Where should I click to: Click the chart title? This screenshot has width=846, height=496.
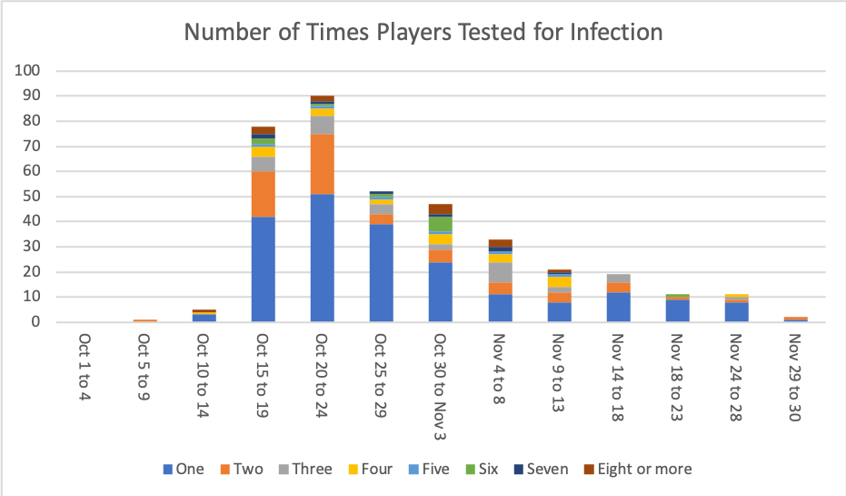(x=423, y=33)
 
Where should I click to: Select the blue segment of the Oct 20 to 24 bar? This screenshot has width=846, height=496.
(x=322, y=258)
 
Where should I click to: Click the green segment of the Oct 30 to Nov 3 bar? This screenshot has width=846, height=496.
(x=440, y=224)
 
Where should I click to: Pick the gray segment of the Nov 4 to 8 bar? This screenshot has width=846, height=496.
(x=499, y=272)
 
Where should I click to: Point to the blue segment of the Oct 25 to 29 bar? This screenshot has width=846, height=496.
(x=381, y=272)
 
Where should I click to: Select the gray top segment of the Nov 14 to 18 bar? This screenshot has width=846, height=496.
(x=617, y=278)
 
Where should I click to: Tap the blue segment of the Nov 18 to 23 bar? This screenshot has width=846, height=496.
(x=676, y=310)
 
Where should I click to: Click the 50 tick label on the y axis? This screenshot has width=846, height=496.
(x=33, y=197)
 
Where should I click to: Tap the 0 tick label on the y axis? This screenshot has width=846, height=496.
(x=36, y=322)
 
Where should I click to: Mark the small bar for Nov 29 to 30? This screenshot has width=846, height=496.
(x=795, y=319)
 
